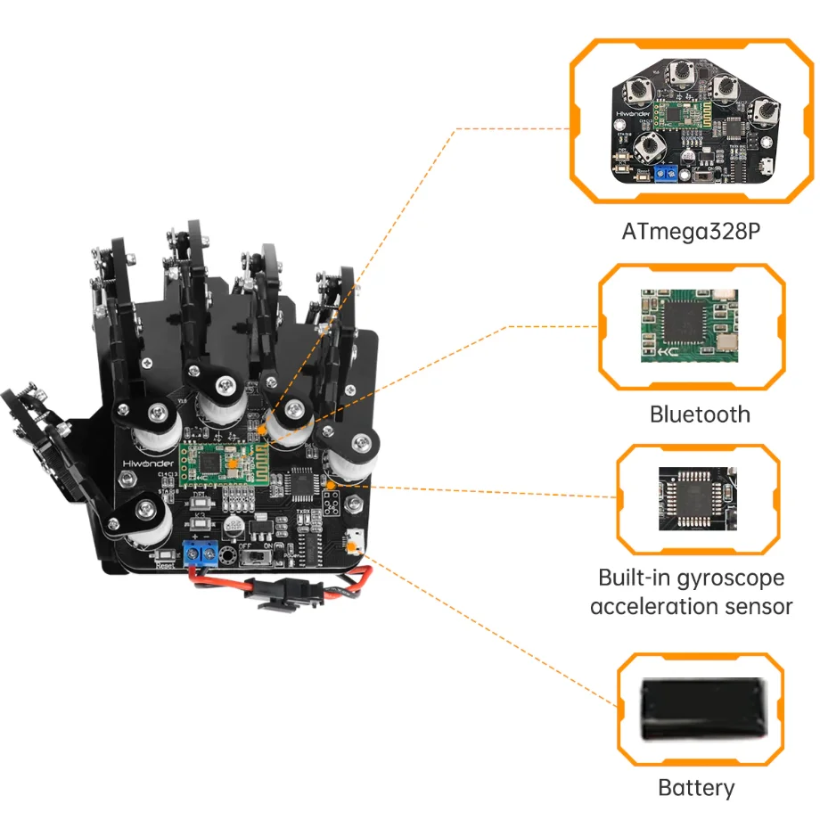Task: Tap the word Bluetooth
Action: coord(700,414)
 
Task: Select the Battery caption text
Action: coord(696,788)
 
